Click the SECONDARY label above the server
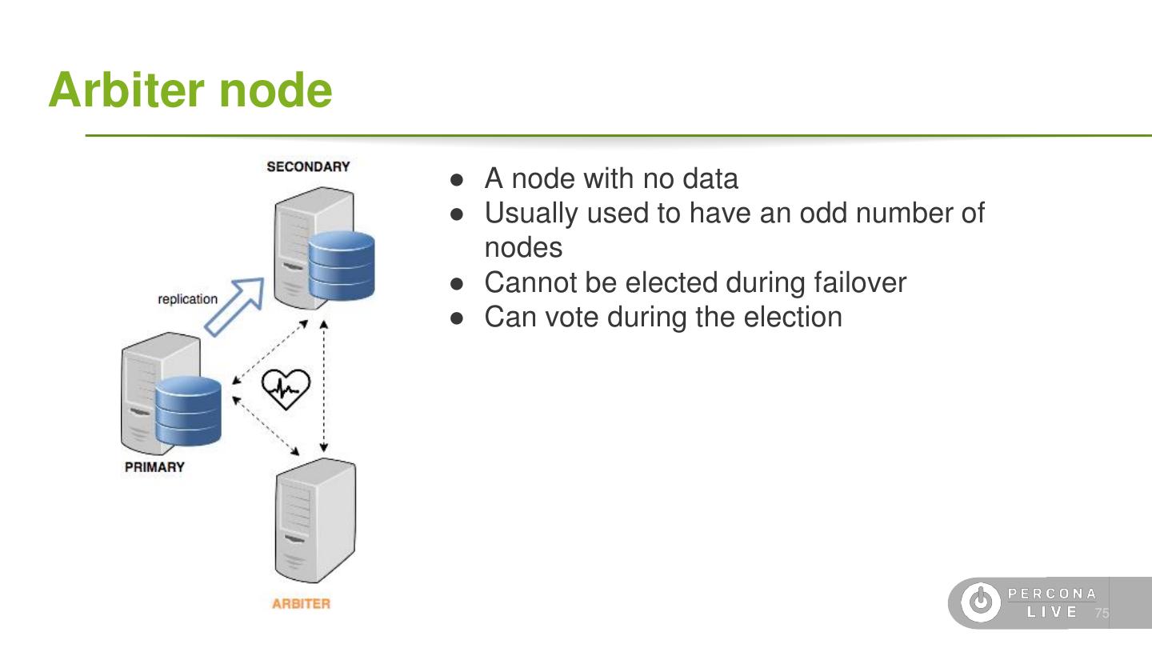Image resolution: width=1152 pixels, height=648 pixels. [x=308, y=167]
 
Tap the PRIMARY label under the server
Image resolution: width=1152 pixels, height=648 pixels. [x=154, y=467]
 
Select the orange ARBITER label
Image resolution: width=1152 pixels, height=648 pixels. [x=301, y=604]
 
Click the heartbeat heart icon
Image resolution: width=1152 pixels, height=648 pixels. [x=286, y=388]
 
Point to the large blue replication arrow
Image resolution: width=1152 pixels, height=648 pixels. [x=235, y=305]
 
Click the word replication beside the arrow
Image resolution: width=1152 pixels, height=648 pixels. [x=187, y=299]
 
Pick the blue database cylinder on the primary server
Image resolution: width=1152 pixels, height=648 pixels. [x=188, y=411]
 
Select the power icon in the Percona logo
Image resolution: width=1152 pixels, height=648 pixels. [x=980, y=602]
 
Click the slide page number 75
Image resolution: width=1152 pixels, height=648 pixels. [x=1102, y=613]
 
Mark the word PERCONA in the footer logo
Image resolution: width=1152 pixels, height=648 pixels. [x=1052, y=594]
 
